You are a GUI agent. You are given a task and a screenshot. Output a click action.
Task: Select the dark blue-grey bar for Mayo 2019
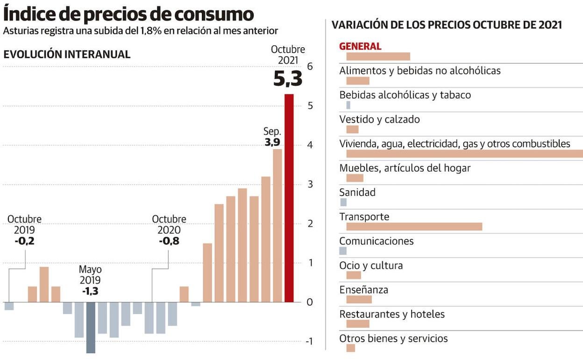91,327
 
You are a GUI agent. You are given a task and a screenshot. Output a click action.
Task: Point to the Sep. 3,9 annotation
272,137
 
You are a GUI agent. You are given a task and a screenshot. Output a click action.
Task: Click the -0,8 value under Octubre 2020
169,241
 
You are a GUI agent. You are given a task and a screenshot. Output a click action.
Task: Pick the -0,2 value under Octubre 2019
24,241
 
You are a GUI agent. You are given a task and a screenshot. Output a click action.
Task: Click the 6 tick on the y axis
309,67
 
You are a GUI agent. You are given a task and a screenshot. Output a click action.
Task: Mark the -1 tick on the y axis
309,341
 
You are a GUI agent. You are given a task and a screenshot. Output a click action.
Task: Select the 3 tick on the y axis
309,184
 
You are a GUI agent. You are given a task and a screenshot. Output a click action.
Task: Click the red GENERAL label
360,46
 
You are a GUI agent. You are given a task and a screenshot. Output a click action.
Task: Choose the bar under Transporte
414,227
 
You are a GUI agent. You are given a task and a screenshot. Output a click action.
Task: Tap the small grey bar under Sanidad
343,202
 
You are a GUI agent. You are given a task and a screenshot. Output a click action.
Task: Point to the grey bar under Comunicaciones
343,251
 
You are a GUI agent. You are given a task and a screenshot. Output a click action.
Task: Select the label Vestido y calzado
379,119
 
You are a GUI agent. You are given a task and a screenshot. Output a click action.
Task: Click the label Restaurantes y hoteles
392,314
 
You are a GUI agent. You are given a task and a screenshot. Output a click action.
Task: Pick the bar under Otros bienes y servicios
350,348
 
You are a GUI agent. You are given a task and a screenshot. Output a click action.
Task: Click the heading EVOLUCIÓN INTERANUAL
67,54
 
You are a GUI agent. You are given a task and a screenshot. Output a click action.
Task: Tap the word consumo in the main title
214,14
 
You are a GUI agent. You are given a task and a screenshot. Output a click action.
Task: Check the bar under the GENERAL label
378,57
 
